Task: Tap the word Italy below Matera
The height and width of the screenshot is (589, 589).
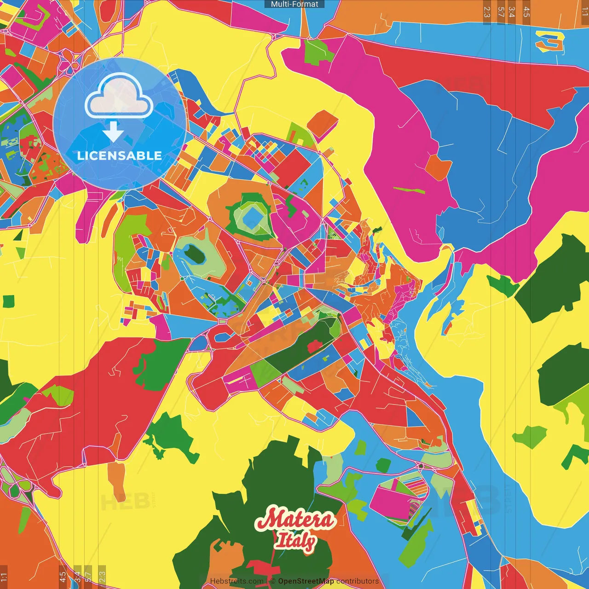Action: [295, 541]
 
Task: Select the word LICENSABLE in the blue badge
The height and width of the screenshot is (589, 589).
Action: [120, 156]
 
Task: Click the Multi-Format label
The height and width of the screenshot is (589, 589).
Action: [294, 4]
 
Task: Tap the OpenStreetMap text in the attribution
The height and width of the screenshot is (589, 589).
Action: [306, 581]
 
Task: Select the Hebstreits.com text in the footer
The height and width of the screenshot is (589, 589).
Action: [237, 581]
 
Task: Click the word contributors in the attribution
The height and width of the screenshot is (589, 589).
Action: [358, 581]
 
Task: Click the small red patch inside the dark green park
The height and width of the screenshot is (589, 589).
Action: [314, 346]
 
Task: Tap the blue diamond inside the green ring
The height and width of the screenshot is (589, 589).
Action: [251, 215]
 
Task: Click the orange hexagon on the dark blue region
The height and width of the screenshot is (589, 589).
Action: [439, 167]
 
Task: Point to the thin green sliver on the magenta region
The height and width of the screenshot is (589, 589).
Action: [409, 190]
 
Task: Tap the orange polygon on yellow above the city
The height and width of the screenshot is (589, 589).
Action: [322, 123]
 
